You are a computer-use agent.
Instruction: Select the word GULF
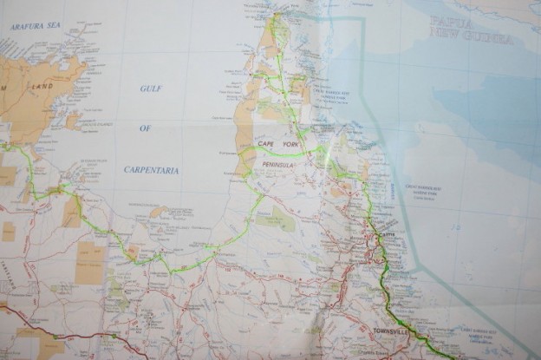click(151, 88)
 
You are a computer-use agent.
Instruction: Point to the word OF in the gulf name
click(145, 128)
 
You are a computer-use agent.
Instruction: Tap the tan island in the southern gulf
click(158, 211)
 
